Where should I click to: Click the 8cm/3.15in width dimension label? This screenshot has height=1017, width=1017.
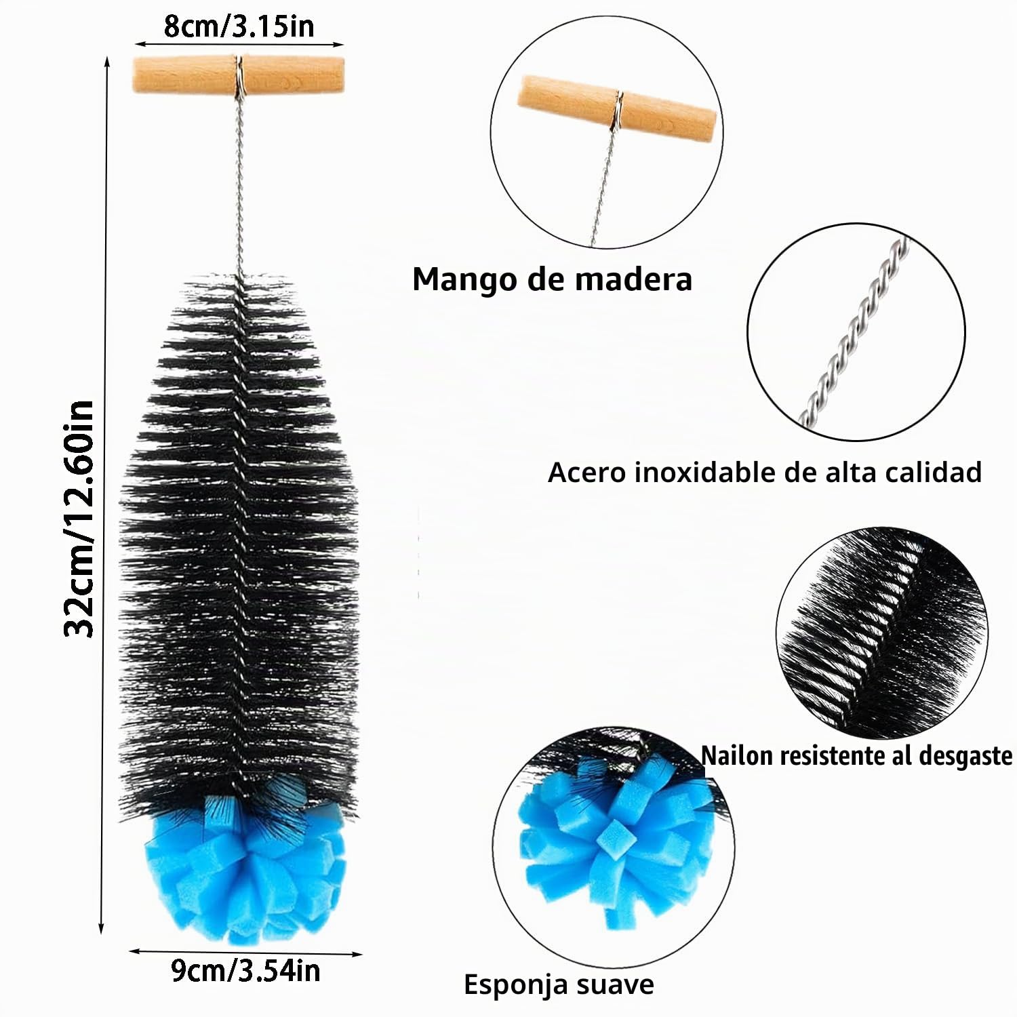pos(239,26)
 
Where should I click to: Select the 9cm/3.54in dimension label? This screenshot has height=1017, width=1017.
pos(245,971)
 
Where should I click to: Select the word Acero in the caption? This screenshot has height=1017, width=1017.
pos(587,473)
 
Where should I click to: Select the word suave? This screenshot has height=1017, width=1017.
pos(617,984)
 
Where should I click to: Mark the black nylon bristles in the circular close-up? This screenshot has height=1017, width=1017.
pos(881,634)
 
